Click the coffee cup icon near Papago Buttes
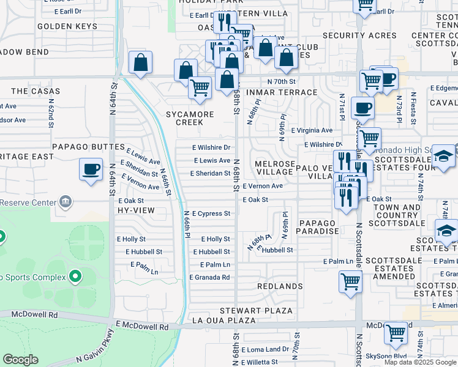(x=91, y=168)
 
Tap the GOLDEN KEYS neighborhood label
(x=67, y=26)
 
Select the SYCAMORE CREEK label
(x=190, y=118)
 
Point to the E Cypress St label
(x=211, y=213)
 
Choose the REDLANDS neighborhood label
(x=280, y=286)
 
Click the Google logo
(x=20, y=360)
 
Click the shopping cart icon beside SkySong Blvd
(x=396, y=333)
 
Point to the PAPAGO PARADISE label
(x=317, y=227)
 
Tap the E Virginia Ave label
(x=312, y=130)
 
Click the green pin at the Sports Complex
(x=75, y=277)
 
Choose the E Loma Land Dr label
(x=265, y=350)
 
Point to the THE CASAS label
(x=28, y=91)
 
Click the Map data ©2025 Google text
(x=420, y=362)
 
